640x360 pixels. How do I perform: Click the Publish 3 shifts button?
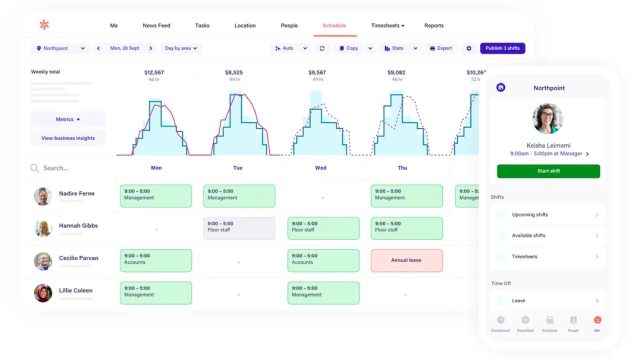[502, 48]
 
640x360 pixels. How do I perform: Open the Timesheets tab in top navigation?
[387, 25]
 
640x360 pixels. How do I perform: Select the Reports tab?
[433, 25]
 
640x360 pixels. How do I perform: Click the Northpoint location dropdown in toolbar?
[60, 48]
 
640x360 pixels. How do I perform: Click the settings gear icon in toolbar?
[468, 48]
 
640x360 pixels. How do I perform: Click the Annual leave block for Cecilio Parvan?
[406, 260]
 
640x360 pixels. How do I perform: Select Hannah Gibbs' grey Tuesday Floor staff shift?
[239, 228]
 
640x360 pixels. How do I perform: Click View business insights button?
[68, 138]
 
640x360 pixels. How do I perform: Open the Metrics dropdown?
[68, 119]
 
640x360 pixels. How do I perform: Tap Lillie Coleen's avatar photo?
[43, 293]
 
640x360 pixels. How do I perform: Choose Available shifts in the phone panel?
[548, 235]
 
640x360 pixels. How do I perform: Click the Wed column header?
[320, 168]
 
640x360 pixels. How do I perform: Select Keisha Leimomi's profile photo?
[548, 118]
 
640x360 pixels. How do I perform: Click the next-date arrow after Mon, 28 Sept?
[150, 48]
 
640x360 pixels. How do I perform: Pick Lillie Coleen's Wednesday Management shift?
[323, 293]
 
